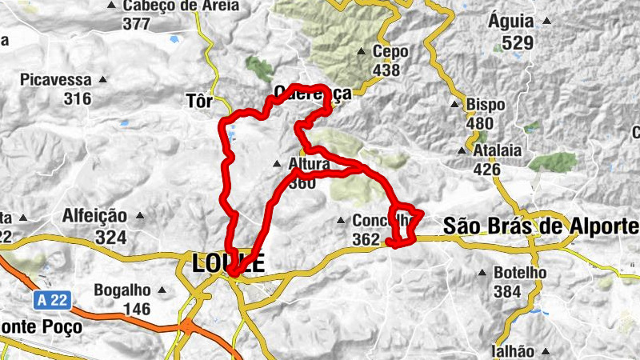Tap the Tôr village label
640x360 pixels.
(x=198, y=102)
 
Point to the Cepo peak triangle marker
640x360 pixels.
(x=361, y=53)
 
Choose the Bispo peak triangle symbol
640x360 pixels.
(x=454, y=105)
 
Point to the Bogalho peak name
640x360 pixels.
(x=122, y=290)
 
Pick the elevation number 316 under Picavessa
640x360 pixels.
(x=78, y=98)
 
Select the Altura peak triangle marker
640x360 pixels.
(x=277, y=165)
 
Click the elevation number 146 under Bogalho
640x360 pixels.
(x=137, y=309)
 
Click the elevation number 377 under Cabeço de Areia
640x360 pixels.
(x=137, y=23)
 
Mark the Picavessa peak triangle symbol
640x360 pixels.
(x=102, y=81)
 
